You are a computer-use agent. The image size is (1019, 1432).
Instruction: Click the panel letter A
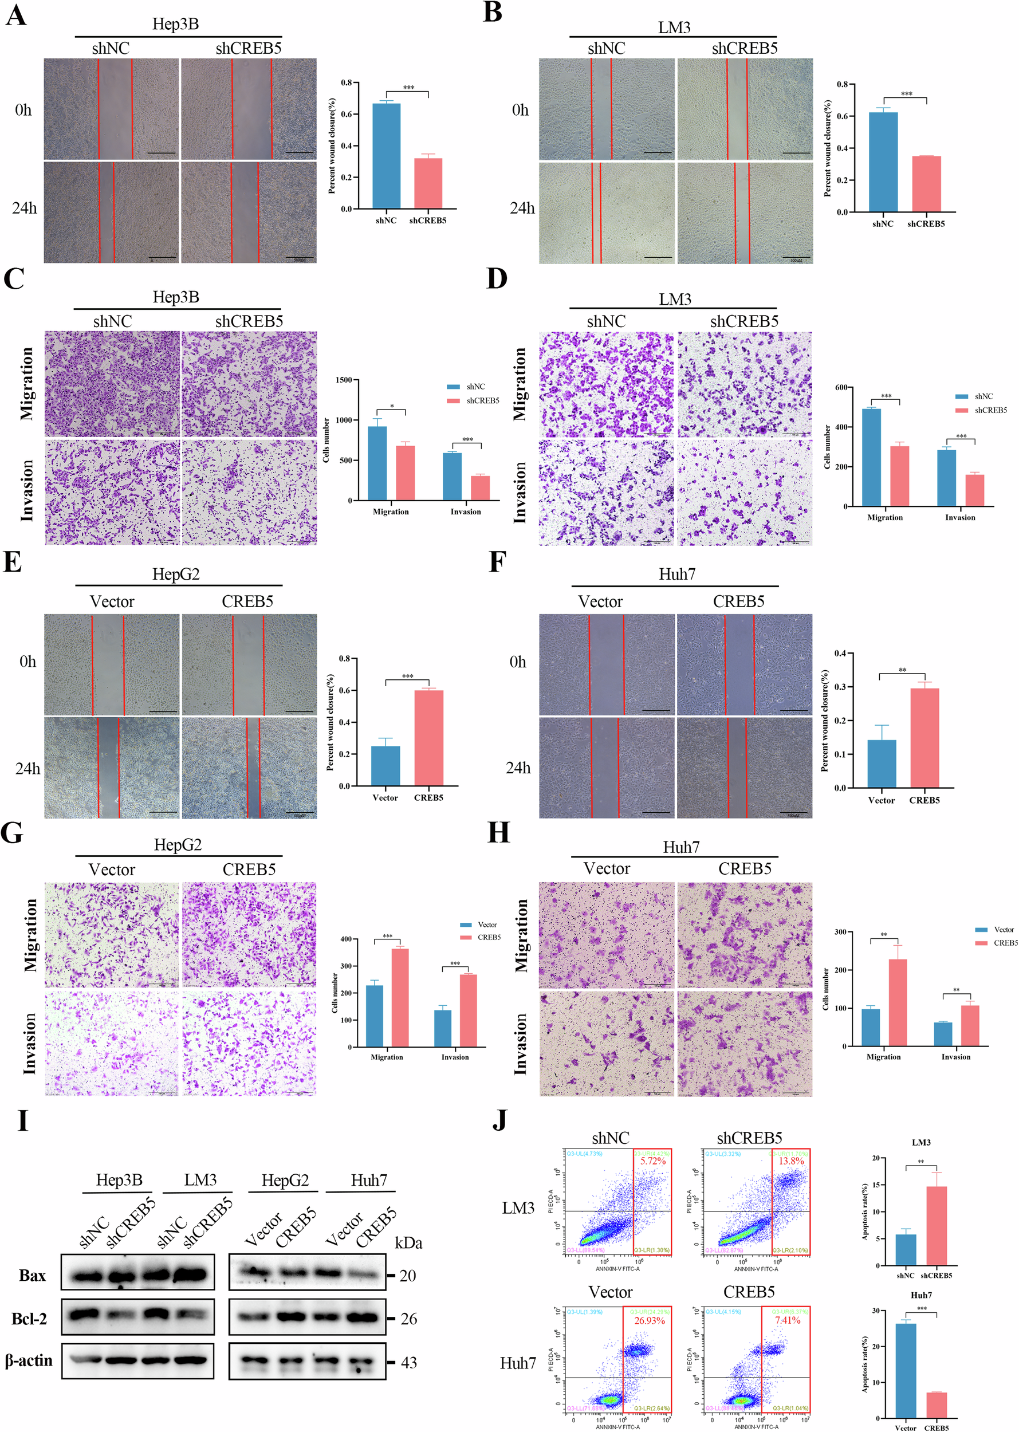(16, 14)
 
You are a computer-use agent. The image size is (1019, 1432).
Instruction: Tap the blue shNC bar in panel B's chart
(883, 162)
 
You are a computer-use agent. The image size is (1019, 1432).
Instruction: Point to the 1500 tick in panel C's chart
(343, 380)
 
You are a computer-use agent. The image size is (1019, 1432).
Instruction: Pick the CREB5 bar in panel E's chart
(428, 737)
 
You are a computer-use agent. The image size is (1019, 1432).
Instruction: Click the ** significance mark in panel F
(902, 670)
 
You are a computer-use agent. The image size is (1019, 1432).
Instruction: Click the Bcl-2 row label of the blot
(29, 1319)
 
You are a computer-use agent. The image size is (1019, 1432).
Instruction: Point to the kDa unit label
(408, 1243)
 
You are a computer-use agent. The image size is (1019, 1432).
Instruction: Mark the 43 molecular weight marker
(409, 1362)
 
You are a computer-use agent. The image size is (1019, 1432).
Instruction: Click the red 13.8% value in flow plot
(791, 1161)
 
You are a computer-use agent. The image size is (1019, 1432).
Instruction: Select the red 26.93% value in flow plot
(650, 1320)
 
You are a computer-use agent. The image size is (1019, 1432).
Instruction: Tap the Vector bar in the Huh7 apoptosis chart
(906, 1370)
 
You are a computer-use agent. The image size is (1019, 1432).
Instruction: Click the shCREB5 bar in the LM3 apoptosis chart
(936, 1226)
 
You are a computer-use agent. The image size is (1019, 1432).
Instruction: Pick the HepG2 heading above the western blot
(285, 1181)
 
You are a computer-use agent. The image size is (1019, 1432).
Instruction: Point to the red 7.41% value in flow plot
(788, 1320)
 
